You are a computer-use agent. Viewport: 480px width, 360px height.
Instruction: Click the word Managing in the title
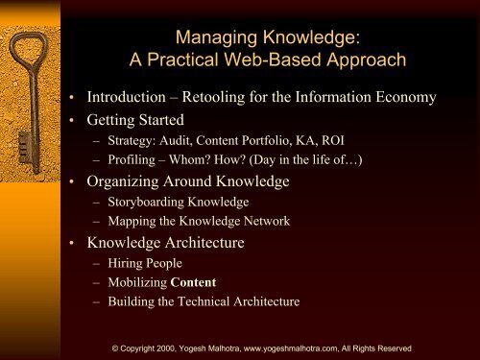coord(210,40)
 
